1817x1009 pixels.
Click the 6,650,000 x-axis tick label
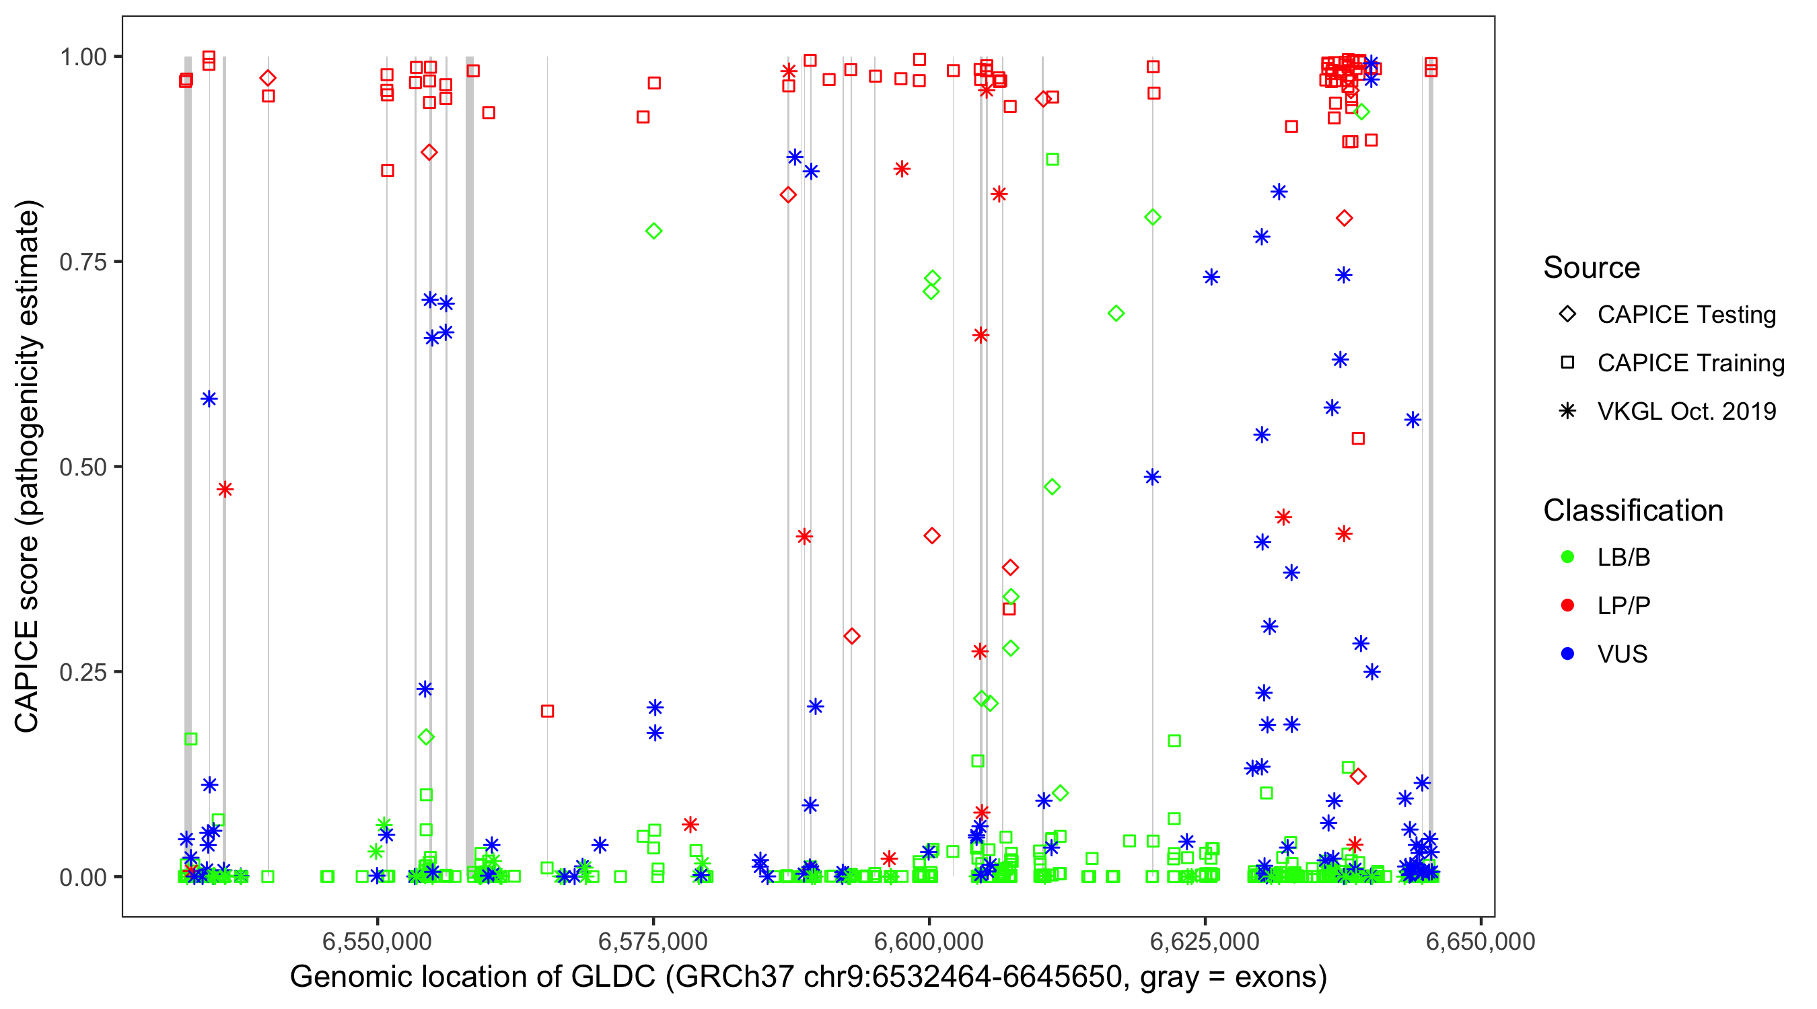pos(1480,941)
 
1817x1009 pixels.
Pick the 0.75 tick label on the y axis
pos(82,262)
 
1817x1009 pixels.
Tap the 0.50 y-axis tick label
pos(82,467)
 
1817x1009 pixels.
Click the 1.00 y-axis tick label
pos(82,57)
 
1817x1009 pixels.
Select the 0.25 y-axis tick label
pos(82,672)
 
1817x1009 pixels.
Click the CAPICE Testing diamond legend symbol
pos(1567,315)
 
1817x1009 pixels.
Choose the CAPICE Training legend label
pos(1690,363)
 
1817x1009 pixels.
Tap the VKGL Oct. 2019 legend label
pos(1686,411)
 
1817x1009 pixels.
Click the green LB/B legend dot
pos(1567,557)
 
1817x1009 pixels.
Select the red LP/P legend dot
pos(1567,605)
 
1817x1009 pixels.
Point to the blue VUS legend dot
pos(1567,654)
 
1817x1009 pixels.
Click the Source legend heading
pos(1592,268)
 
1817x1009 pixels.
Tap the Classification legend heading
pos(1633,511)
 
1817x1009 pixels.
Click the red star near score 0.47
pos(225,489)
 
